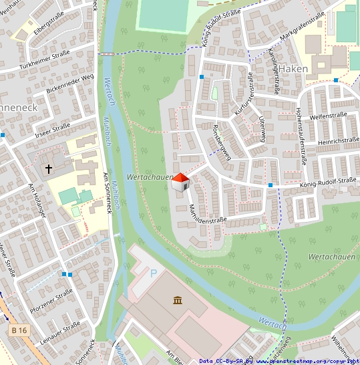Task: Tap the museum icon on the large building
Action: [178, 299]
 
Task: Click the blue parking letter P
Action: [153, 273]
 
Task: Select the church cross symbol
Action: [49, 169]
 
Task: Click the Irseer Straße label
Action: [52, 127]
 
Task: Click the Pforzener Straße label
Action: [51, 301]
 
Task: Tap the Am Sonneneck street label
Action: [107, 193]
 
